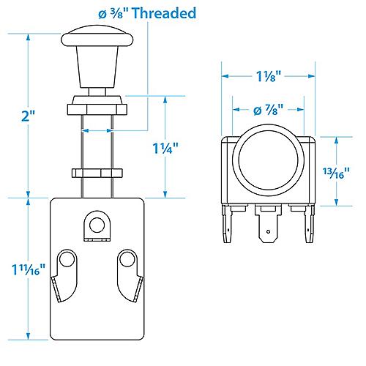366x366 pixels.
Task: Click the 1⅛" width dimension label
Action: click(x=269, y=75)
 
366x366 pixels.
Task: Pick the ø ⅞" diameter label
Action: click(x=269, y=111)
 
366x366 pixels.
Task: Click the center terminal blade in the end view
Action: click(x=268, y=227)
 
